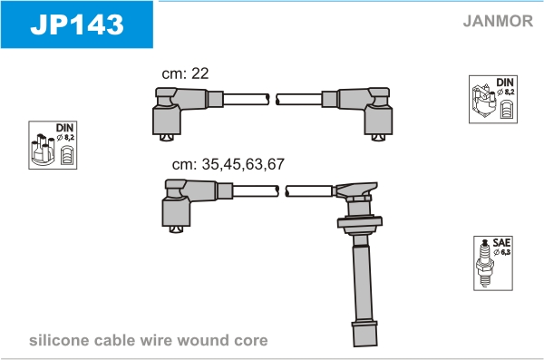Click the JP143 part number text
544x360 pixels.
coord(77,24)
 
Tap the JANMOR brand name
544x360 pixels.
coord(498,21)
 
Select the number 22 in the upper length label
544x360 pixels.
coord(199,73)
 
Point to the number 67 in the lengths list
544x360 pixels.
coord(276,164)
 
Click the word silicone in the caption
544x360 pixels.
coord(59,340)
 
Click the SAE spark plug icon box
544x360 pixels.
coord(493,263)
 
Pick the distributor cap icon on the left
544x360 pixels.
coord(53,145)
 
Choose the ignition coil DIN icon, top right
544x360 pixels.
coord(493,99)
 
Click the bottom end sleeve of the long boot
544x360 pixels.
coord(364,334)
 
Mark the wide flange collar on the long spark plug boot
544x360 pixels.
coord(360,222)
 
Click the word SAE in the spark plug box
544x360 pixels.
coord(501,242)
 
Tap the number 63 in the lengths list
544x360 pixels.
coord(254,164)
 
